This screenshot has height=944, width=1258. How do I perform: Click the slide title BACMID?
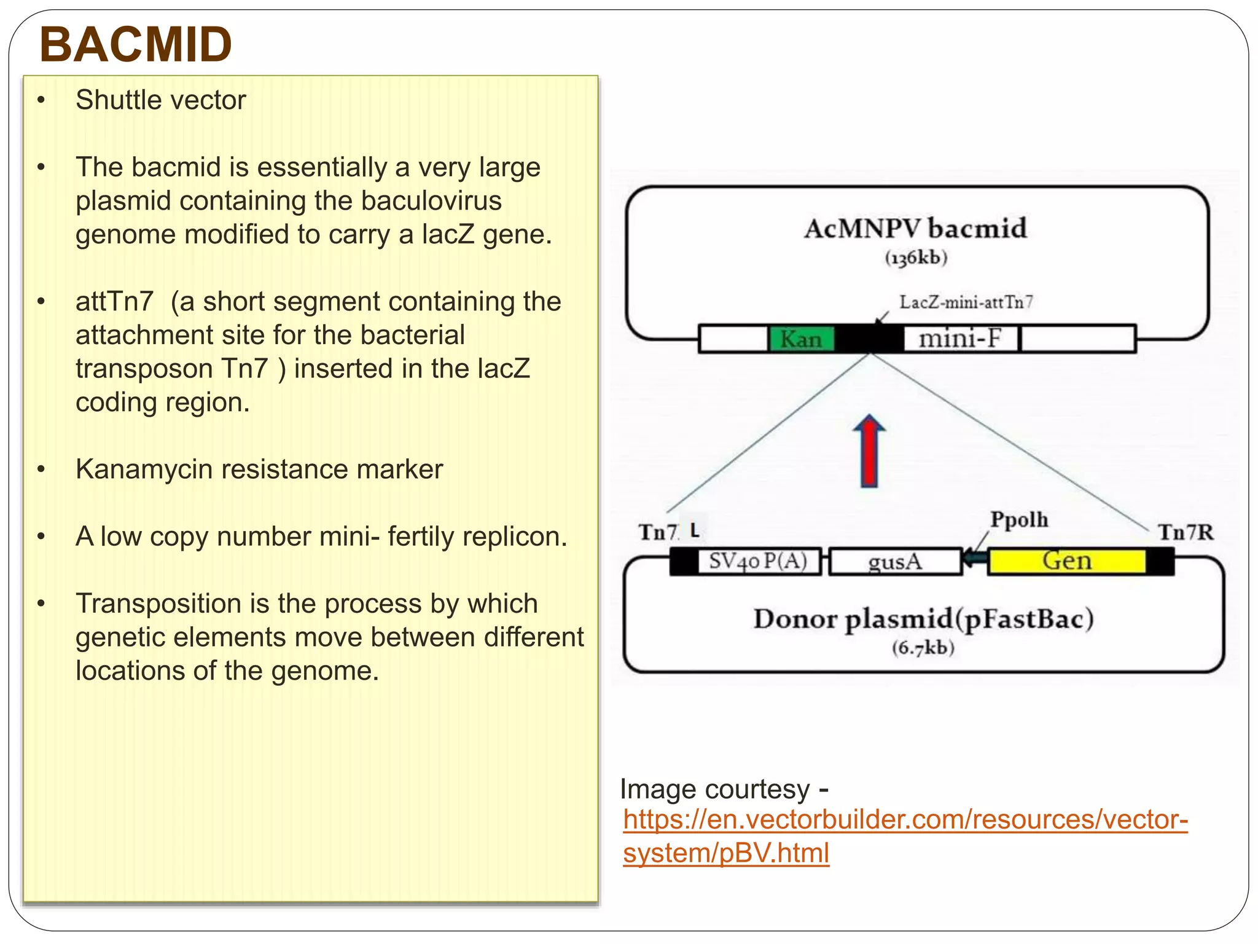pos(135,45)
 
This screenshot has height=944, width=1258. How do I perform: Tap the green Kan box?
pos(801,339)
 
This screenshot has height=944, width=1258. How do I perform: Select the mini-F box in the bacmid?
pos(960,339)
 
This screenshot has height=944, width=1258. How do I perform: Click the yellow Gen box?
pos(1067,561)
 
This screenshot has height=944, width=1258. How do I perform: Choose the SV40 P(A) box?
pos(758,561)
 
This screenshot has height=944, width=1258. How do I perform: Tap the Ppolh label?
pos(1019,520)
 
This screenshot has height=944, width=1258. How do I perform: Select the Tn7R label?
pos(1186,532)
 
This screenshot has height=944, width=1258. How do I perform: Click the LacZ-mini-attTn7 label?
pos(966,302)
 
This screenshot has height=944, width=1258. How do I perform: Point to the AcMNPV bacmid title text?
pos(915,229)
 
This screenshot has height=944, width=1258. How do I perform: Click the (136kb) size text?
pos(916,258)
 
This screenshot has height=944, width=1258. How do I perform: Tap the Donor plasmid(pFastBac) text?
pos(923,619)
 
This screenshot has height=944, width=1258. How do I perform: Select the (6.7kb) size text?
pos(923,648)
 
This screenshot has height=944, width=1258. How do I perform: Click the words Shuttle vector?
pos(160,100)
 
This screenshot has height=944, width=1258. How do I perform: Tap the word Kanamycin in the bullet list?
pos(144,470)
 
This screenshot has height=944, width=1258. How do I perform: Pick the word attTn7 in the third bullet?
pos(114,302)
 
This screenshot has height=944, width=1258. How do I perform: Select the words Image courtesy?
pos(715,789)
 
